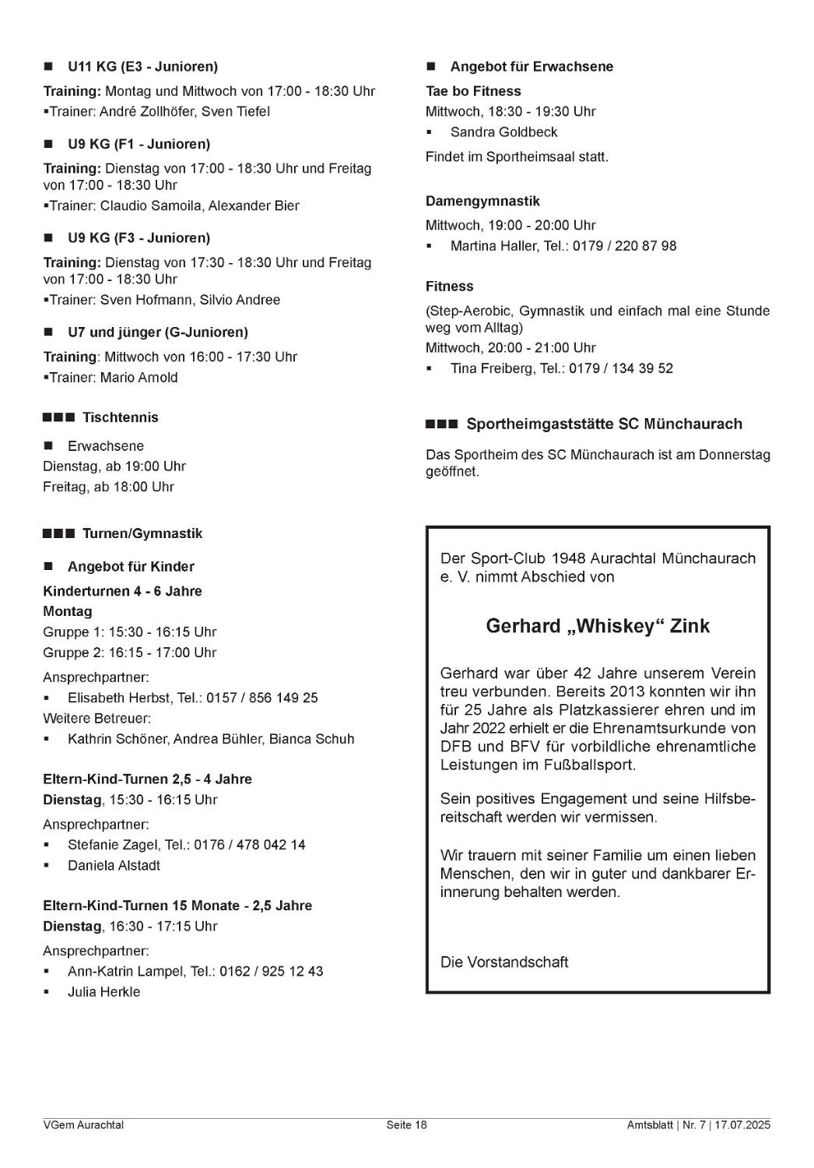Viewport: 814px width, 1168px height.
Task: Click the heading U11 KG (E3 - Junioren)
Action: coord(142,67)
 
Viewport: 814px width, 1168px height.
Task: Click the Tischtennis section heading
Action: coord(120,417)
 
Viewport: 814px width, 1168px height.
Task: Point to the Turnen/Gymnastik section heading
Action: coord(142,533)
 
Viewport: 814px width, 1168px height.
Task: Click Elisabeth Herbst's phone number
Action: coord(262,698)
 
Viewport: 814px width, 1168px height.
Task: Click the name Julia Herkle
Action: coord(104,992)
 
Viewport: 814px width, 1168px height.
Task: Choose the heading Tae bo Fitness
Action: coord(473,91)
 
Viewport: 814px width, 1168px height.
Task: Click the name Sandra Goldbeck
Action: coord(503,132)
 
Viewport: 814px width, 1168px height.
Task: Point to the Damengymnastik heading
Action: coord(482,201)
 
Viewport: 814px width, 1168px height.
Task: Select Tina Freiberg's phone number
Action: coord(621,368)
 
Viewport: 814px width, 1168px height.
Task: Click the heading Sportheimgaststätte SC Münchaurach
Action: coord(604,424)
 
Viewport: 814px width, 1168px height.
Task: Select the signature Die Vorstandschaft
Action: coord(504,962)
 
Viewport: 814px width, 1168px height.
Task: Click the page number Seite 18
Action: coord(406,1125)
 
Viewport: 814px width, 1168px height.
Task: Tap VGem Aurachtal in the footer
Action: coord(83,1125)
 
